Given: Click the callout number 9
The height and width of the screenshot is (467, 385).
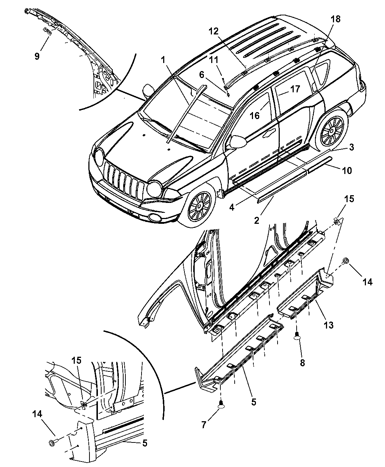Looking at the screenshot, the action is click(37, 56).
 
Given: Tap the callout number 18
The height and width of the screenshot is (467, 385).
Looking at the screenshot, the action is click(335, 19).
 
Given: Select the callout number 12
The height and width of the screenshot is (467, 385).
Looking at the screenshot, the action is click(213, 31).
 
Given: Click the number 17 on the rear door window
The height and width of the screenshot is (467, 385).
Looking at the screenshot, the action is click(295, 89).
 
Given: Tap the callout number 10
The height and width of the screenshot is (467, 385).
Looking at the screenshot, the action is click(347, 171).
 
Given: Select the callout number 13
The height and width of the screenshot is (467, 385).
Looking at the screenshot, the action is click(329, 325).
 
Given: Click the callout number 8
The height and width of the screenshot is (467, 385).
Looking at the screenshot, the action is click(302, 363).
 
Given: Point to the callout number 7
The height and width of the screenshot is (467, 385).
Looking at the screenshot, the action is click(203, 425).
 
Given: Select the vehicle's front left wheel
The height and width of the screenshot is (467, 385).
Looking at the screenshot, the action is click(199, 207).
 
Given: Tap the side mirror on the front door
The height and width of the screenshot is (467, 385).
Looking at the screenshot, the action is click(238, 142).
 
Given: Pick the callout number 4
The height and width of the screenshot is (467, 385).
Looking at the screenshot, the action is click(232, 208).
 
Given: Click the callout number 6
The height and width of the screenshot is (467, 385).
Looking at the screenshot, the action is click(202, 75).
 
